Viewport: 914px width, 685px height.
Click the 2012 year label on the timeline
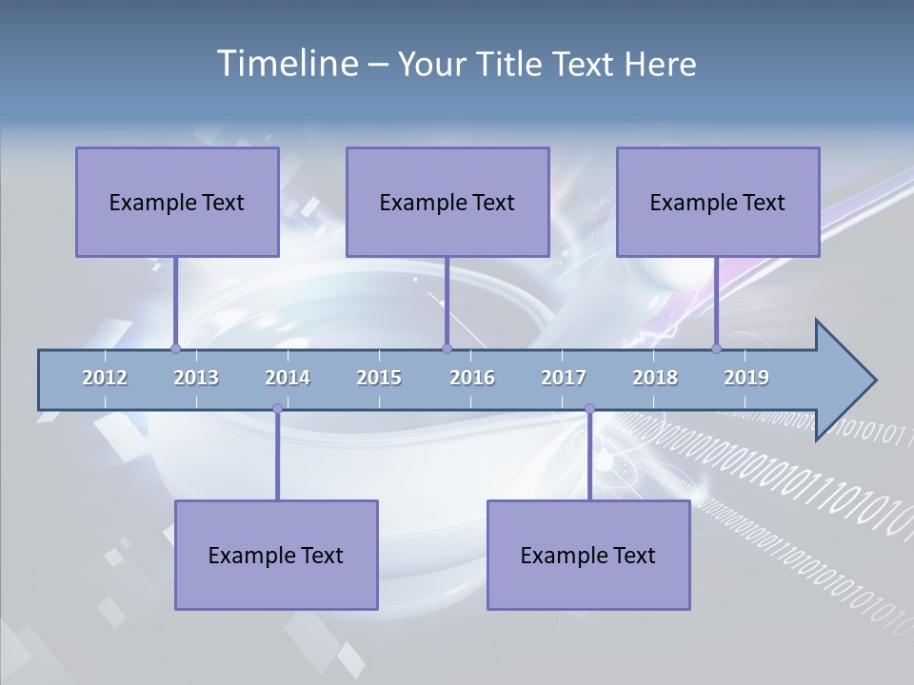[x=105, y=378]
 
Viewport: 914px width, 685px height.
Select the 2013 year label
[x=196, y=378]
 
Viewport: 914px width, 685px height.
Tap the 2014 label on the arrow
[x=288, y=378]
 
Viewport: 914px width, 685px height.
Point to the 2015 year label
[x=379, y=378]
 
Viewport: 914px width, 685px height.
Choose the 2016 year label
[x=472, y=378]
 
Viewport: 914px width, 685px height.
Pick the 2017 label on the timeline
[x=564, y=378]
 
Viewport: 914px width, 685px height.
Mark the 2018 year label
[x=655, y=378]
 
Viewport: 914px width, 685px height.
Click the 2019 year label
[x=746, y=378]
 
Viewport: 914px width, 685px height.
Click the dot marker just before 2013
[x=175, y=349]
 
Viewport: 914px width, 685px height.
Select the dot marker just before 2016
[x=447, y=349]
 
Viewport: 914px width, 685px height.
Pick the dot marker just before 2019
[x=716, y=349]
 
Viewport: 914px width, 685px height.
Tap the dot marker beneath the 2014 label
[x=277, y=409]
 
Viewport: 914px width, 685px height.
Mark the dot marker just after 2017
[x=589, y=409]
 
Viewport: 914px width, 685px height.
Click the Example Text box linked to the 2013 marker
[x=177, y=202]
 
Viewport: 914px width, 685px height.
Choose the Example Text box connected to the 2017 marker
[x=588, y=555]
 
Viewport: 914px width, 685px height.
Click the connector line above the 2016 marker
[x=447, y=301]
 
